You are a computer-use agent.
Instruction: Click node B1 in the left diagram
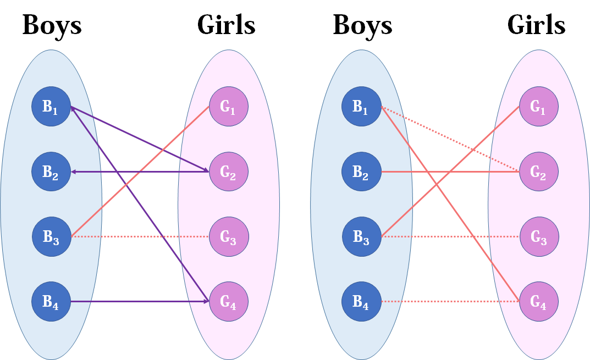[51, 107]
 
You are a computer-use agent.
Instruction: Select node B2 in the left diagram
[51, 172]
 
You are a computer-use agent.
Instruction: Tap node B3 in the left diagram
[51, 237]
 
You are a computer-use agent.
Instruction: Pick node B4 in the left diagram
[51, 301]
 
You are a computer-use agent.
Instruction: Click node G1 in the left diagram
[229, 107]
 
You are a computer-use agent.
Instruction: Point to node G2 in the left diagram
[229, 172]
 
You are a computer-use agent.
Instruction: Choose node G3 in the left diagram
[229, 237]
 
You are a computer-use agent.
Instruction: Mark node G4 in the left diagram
[229, 301]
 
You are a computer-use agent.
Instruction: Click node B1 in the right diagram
[361, 107]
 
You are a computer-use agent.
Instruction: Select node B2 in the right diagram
[361, 172]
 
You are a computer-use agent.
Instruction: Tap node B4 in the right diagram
[361, 301]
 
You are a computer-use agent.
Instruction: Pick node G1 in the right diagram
[539, 107]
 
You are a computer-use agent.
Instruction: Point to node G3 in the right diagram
[539, 237]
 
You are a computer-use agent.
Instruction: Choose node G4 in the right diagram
[539, 301]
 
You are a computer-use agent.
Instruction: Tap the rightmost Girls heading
[536, 25]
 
